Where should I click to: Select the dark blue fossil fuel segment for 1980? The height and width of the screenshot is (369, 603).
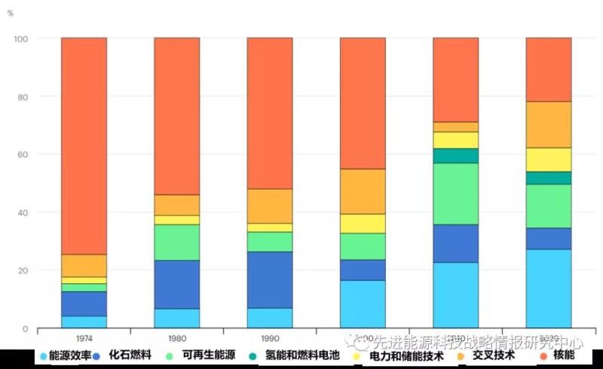[176, 284]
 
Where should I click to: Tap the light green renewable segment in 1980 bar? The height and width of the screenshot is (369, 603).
[176, 242]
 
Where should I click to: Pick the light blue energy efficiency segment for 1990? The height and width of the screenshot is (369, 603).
[270, 318]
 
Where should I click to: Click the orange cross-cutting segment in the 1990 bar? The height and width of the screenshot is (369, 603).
[270, 206]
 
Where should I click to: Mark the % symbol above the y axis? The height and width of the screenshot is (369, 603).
[11, 14]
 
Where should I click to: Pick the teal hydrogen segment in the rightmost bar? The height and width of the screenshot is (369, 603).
[548, 178]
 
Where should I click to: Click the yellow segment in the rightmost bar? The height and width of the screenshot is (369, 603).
[548, 159]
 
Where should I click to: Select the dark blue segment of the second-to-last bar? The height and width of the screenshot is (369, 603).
[455, 243]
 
